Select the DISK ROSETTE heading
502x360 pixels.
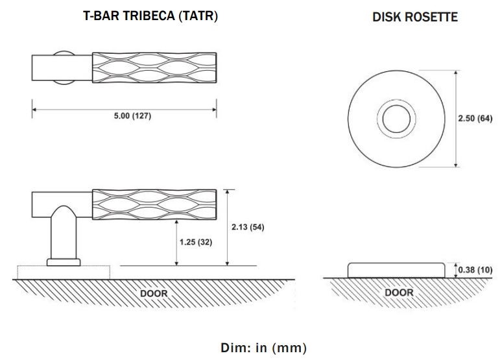[414, 18]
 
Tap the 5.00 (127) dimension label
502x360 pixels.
[125, 116]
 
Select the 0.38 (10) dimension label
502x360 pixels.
[475, 270]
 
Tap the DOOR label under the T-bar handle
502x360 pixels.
[154, 293]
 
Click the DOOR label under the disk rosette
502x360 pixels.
[398, 293]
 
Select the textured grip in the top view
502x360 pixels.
[154, 66]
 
